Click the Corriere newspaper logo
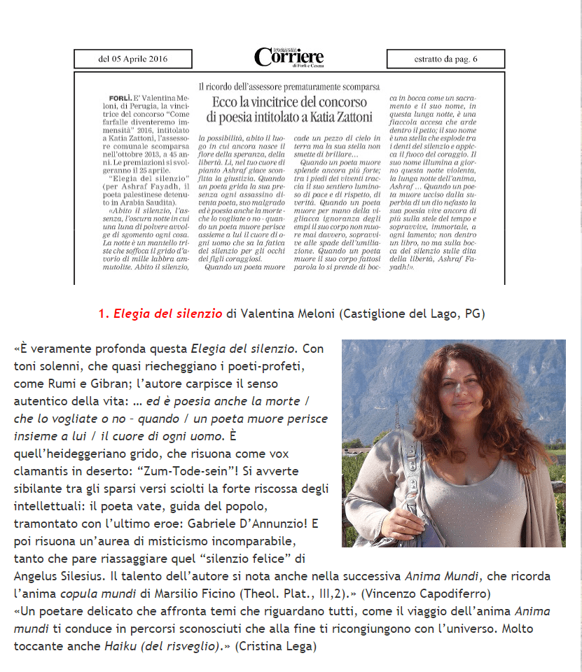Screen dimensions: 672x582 click(289, 57)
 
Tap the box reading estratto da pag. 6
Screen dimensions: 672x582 click(445, 59)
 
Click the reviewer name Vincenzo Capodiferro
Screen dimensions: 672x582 click(436, 592)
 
